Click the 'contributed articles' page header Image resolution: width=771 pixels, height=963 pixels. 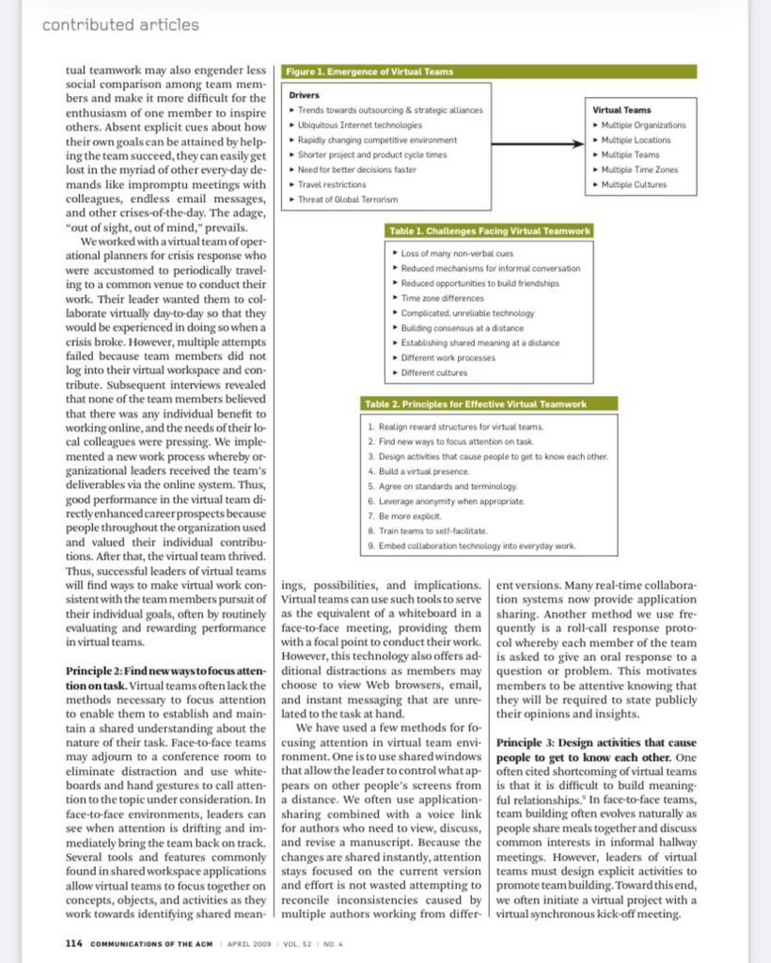120,25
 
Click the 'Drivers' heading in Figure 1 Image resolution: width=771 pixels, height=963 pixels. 304,95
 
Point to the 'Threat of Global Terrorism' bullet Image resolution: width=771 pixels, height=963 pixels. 347,199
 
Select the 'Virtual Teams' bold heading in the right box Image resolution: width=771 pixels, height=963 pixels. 622,110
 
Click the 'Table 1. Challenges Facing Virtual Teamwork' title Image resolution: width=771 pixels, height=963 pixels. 489,231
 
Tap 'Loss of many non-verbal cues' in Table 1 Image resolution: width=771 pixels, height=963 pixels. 457,254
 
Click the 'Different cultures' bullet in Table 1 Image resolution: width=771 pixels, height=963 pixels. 433,372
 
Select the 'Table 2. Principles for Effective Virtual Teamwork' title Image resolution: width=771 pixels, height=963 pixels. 476,404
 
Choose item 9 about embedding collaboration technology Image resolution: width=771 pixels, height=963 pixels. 476,546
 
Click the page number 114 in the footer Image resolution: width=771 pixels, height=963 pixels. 74,943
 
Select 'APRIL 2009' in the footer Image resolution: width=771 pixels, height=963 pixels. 249,944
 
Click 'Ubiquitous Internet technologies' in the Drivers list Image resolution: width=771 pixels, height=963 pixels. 359,125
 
